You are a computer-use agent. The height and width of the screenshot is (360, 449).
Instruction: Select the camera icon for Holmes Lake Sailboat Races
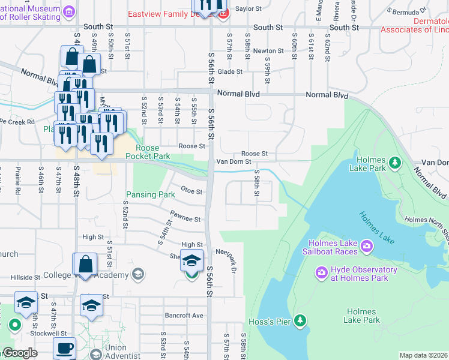tap(366, 247)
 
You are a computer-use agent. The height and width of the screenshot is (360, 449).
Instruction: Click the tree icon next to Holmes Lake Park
tap(394, 163)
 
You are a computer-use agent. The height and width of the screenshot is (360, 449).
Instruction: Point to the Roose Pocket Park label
tap(148, 152)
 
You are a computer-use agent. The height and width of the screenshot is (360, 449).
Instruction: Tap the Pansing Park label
tap(150, 194)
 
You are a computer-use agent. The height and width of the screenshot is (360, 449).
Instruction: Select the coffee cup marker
tap(65, 348)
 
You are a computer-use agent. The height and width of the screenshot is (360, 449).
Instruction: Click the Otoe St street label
tap(191, 192)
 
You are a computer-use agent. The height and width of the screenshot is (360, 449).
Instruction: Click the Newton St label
tap(268, 51)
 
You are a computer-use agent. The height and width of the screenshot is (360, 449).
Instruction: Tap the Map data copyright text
tap(423, 355)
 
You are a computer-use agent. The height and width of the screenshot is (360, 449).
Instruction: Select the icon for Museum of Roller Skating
tap(70, 11)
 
